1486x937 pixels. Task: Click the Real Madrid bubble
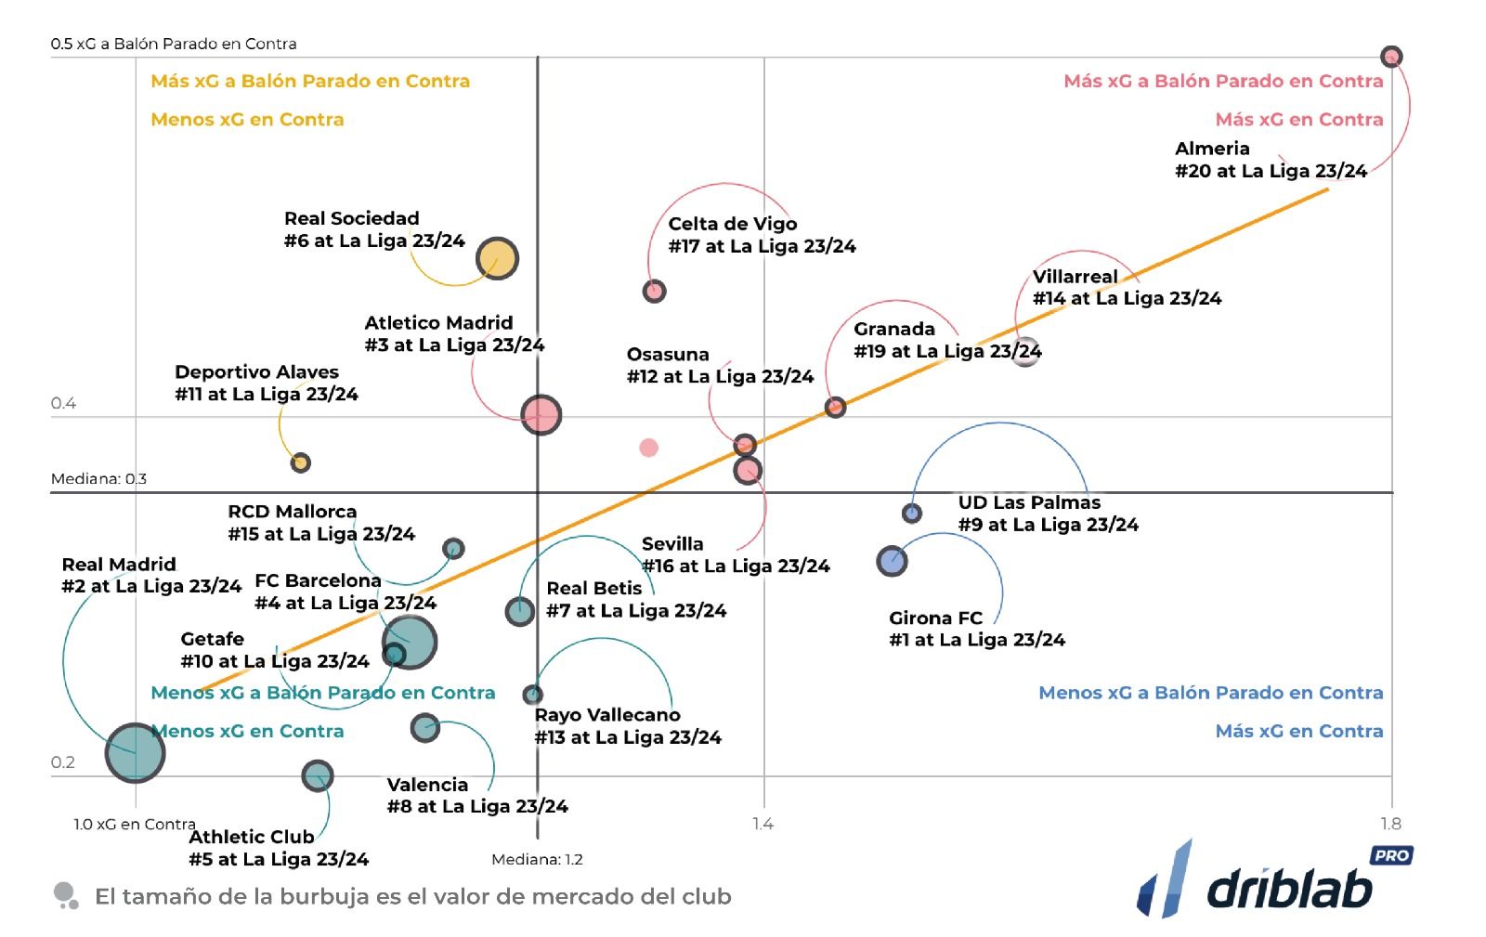136,752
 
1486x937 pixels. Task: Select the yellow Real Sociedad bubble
497,258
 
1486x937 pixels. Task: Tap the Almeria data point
1390,57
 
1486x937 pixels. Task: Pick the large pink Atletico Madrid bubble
541,414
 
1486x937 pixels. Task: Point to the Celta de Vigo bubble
654,291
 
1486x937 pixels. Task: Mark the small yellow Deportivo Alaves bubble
300,462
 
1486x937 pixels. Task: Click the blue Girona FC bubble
892,561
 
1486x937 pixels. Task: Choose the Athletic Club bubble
318,775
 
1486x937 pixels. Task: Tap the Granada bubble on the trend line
835,407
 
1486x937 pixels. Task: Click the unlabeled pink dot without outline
648,448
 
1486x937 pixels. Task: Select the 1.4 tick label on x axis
763,824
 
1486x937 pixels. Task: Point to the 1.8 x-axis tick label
1390,824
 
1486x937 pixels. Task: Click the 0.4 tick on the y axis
63,403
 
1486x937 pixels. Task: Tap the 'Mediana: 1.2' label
537,860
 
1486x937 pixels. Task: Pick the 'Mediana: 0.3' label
98,479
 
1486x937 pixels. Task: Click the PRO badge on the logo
1391,855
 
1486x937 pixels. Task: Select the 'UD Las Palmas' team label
1029,502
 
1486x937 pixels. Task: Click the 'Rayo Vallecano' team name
607,715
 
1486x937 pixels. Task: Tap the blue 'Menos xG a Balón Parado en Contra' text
1210,693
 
